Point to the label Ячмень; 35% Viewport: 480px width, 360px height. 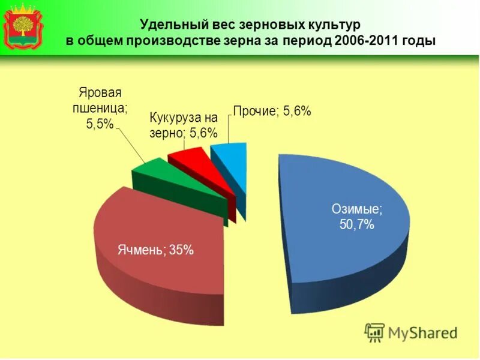[155, 251]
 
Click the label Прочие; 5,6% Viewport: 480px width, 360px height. [272, 111]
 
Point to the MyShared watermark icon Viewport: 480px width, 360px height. [374, 332]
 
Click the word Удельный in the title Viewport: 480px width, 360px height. [172, 25]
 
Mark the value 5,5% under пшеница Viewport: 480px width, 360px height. [100, 124]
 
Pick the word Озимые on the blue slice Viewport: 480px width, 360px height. [357, 209]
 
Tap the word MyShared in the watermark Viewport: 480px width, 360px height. [422, 332]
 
